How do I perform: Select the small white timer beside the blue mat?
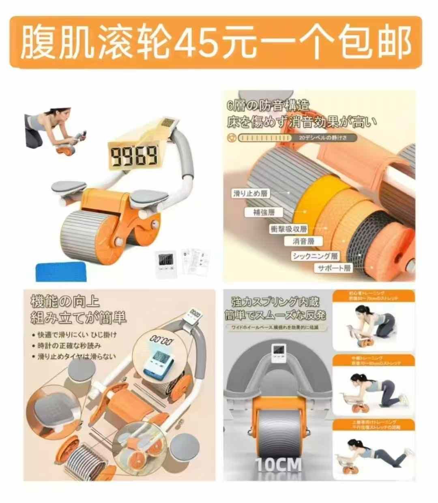coord(166,264)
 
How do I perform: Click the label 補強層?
coord(264,212)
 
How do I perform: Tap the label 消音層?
coord(304,241)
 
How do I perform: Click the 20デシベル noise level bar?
coord(298,138)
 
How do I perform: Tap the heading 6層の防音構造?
coord(268,106)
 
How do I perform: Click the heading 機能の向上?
coord(65,302)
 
